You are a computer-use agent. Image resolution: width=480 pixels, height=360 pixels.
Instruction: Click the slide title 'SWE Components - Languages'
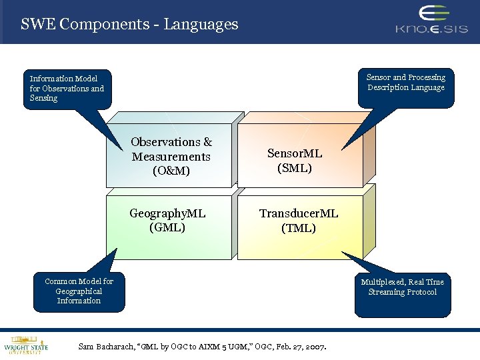tap(129, 25)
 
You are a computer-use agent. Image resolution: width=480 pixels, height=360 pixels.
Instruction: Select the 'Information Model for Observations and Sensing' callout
tap(67, 88)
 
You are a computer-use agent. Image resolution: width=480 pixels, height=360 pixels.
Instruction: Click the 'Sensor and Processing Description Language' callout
tap(406, 83)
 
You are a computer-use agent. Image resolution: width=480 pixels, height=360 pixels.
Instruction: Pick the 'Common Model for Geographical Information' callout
tap(79, 291)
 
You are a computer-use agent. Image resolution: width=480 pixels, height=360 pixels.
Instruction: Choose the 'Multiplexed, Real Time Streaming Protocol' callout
tap(402, 287)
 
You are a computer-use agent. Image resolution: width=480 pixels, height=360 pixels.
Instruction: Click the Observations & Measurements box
tap(171, 157)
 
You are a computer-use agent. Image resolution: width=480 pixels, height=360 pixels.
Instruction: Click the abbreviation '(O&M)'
tap(171, 171)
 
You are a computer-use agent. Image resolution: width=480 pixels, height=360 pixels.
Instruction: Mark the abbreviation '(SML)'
tap(295, 168)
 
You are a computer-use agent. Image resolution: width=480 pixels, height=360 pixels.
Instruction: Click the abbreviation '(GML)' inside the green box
tap(167, 227)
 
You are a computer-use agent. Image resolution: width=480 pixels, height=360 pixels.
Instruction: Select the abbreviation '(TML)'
tap(299, 228)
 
